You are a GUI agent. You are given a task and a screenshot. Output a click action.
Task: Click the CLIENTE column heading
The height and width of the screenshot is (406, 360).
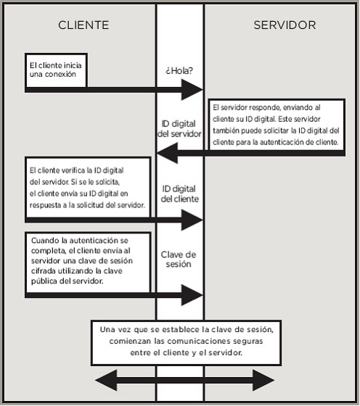point(83,25)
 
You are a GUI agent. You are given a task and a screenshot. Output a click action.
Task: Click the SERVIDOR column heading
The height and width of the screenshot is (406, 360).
point(285,25)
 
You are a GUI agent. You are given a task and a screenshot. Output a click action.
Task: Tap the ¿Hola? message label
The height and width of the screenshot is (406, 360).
point(179,70)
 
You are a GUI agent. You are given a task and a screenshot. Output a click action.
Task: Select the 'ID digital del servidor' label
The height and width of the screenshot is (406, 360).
point(179,129)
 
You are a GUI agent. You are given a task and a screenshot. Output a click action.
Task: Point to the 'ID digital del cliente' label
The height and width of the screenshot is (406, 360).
point(179,194)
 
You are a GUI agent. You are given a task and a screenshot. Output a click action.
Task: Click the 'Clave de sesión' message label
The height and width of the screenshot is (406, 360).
point(179,260)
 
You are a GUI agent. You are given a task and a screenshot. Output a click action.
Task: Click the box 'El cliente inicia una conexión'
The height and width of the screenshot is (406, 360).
point(56,70)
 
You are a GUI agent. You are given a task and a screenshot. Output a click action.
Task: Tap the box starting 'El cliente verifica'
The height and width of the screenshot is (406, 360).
point(88,188)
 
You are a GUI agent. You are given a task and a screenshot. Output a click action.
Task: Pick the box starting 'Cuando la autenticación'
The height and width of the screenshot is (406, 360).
point(88,262)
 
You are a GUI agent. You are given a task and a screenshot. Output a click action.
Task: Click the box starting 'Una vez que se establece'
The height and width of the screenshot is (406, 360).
point(186,343)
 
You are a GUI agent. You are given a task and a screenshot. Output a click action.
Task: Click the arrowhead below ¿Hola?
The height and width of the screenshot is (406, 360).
point(192,90)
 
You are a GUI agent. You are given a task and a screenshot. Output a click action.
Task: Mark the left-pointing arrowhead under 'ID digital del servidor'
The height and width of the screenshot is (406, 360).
point(168,153)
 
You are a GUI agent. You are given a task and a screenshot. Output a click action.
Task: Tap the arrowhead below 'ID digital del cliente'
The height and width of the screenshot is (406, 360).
point(192,220)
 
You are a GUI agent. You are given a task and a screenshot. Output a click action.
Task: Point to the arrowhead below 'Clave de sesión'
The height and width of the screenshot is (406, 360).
point(192,295)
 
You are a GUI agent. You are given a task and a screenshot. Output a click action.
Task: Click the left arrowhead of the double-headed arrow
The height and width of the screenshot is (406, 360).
point(106,380)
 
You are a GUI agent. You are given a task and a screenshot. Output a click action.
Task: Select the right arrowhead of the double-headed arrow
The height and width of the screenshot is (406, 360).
point(263,380)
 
